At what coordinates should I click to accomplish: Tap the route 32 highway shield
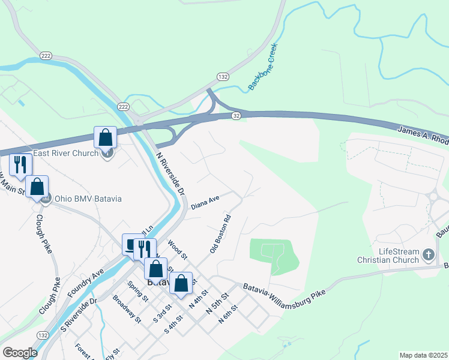pos(237,116)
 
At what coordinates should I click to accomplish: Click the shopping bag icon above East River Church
pos(106,137)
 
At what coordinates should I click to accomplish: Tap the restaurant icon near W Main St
pos(20,164)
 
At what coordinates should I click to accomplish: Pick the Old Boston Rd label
pos(221,230)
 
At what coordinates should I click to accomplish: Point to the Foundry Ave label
pos(89,281)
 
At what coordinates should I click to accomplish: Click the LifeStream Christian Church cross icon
pos(428,255)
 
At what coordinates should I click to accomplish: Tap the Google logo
pos(19,353)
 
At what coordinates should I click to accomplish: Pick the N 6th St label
pos(229,315)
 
